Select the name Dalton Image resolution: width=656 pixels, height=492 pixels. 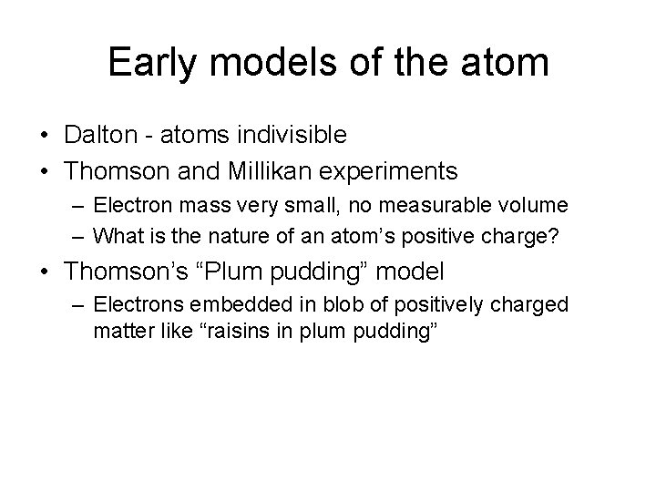[97, 135]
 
